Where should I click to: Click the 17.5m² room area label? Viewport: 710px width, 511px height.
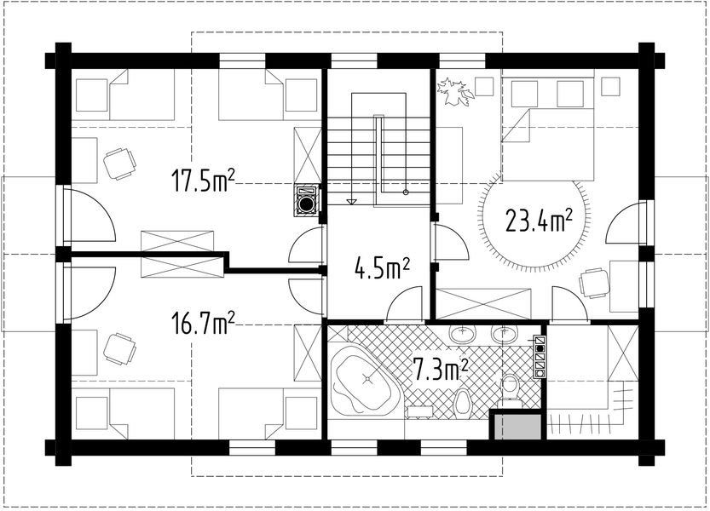tap(203, 179)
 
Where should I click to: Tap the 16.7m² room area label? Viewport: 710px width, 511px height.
tap(203, 322)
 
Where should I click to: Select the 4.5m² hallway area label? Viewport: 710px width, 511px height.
tap(382, 269)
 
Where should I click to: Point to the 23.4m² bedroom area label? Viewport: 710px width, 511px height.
tap(539, 221)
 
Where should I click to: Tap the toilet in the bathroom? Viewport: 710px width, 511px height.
tap(511, 388)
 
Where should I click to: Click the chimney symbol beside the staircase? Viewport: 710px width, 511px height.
tap(307, 201)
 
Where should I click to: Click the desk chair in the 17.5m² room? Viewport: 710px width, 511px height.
tap(119, 164)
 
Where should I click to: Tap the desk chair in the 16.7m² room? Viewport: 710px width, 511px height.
tap(119, 349)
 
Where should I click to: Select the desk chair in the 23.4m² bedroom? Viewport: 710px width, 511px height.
tap(594, 284)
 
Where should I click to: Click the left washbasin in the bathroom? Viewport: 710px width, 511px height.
tap(463, 334)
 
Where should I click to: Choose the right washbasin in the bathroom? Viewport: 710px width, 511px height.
tap(505, 334)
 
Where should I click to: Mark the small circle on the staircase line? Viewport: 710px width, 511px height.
tap(406, 192)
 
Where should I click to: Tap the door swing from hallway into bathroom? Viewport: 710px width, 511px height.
tap(404, 303)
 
